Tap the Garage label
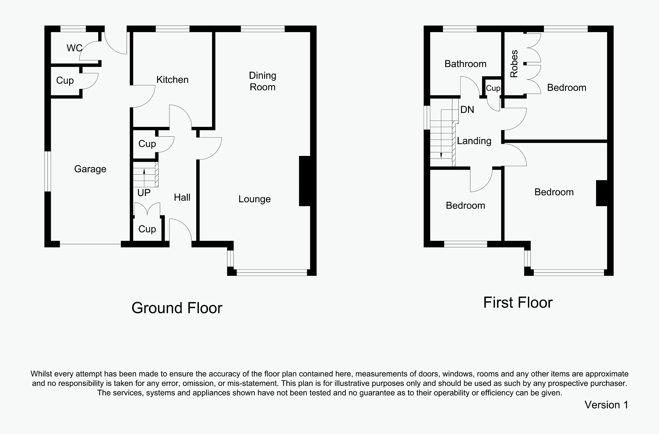(x=90, y=169)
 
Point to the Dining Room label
(x=263, y=81)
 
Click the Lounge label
(x=255, y=199)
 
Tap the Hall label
(x=182, y=197)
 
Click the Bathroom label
(x=466, y=64)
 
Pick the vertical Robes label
(x=514, y=64)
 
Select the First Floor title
(x=518, y=302)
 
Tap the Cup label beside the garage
(x=65, y=81)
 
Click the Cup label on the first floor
(x=493, y=88)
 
